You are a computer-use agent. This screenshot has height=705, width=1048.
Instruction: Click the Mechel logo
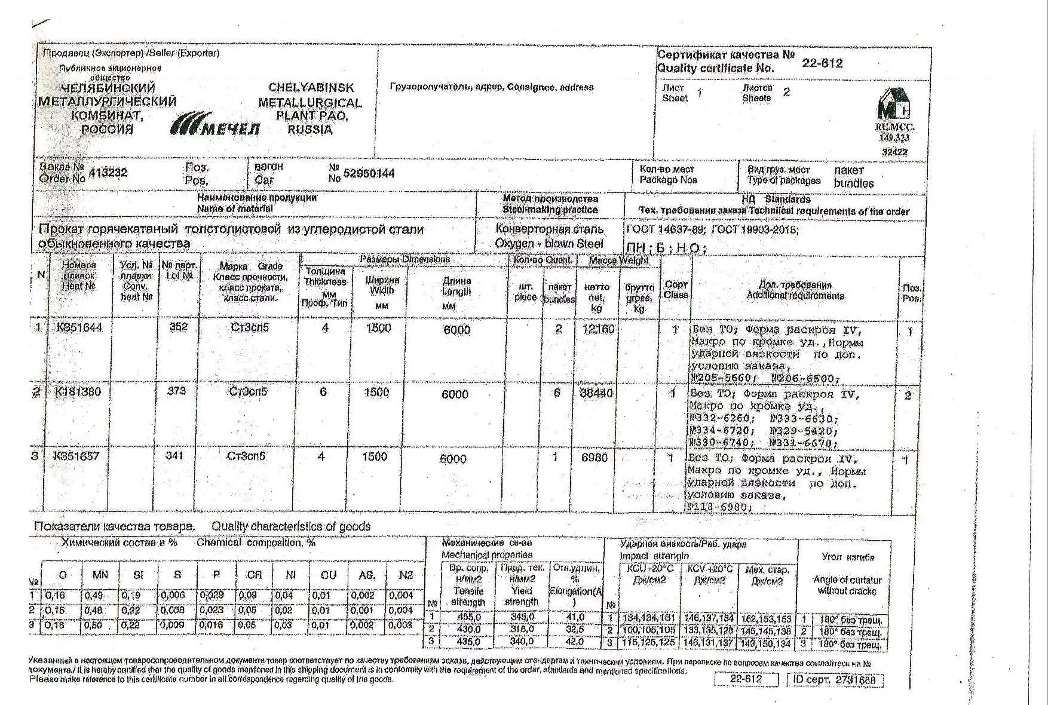pyautogui.click(x=215, y=124)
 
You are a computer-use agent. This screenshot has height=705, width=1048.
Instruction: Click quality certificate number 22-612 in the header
pyautogui.click(x=822, y=63)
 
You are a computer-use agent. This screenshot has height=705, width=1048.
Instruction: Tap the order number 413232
pyautogui.click(x=108, y=173)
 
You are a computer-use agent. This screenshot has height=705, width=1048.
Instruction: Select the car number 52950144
pyautogui.click(x=369, y=173)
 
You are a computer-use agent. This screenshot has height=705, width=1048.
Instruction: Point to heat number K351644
pyautogui.click(x=78, y=327)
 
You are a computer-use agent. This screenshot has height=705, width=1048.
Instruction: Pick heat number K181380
pyautogui.click(x=78, y=392)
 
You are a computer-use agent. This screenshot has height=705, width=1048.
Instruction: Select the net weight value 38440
pyautogui.click(x=596, y=393)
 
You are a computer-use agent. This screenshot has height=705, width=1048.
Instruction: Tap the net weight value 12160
pyautogui.click(x=597, y=329)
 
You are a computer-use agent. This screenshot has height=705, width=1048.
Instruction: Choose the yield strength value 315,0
pyautogui.click(x=522, y=629)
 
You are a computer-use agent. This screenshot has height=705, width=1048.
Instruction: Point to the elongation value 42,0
pyautogui.click(x=574, y=642)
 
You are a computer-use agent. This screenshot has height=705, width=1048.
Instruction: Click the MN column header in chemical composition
pyautogui.click(x=100, y=575)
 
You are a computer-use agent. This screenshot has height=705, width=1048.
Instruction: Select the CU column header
pyautogui.click(x=328, y=575)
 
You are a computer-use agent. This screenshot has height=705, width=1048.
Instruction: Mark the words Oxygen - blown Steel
pyautogui.click(x=548, y=244)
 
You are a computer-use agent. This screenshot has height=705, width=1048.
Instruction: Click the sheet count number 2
pyautogui.click(x=786, y=92)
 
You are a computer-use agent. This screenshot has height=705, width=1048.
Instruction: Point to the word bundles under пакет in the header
pyautogui.click(x=853, y=183)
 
